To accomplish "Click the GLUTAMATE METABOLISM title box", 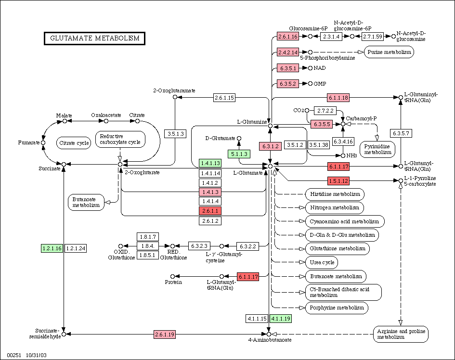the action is coord(94,39).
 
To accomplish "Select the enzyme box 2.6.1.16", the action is coord(288,36).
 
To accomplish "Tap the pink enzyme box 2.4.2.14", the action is coord(288,52).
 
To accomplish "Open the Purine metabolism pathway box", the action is coord(389,52).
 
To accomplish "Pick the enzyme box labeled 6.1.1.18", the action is coord(338,98).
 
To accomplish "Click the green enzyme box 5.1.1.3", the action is coord(239,154).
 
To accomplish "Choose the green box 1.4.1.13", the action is coord(210,163).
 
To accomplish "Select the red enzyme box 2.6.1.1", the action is coord(210,211).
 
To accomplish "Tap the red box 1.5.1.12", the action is coord(338,181).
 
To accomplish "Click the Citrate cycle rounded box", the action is coord(74,143).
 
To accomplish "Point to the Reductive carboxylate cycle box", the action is coord(120,139).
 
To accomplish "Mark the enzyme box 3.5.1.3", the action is coord(176,134).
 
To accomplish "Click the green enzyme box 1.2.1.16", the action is coord(52,248).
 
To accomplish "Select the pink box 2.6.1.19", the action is coord(165,334).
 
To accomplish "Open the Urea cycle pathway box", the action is coord(322,262).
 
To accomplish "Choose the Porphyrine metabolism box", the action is coord(337,308).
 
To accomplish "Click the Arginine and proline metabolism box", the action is coord(401,334).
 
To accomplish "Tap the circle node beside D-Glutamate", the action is coord(239,139).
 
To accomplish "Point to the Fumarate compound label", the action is coord(29,142).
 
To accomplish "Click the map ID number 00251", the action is coord(14,355).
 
